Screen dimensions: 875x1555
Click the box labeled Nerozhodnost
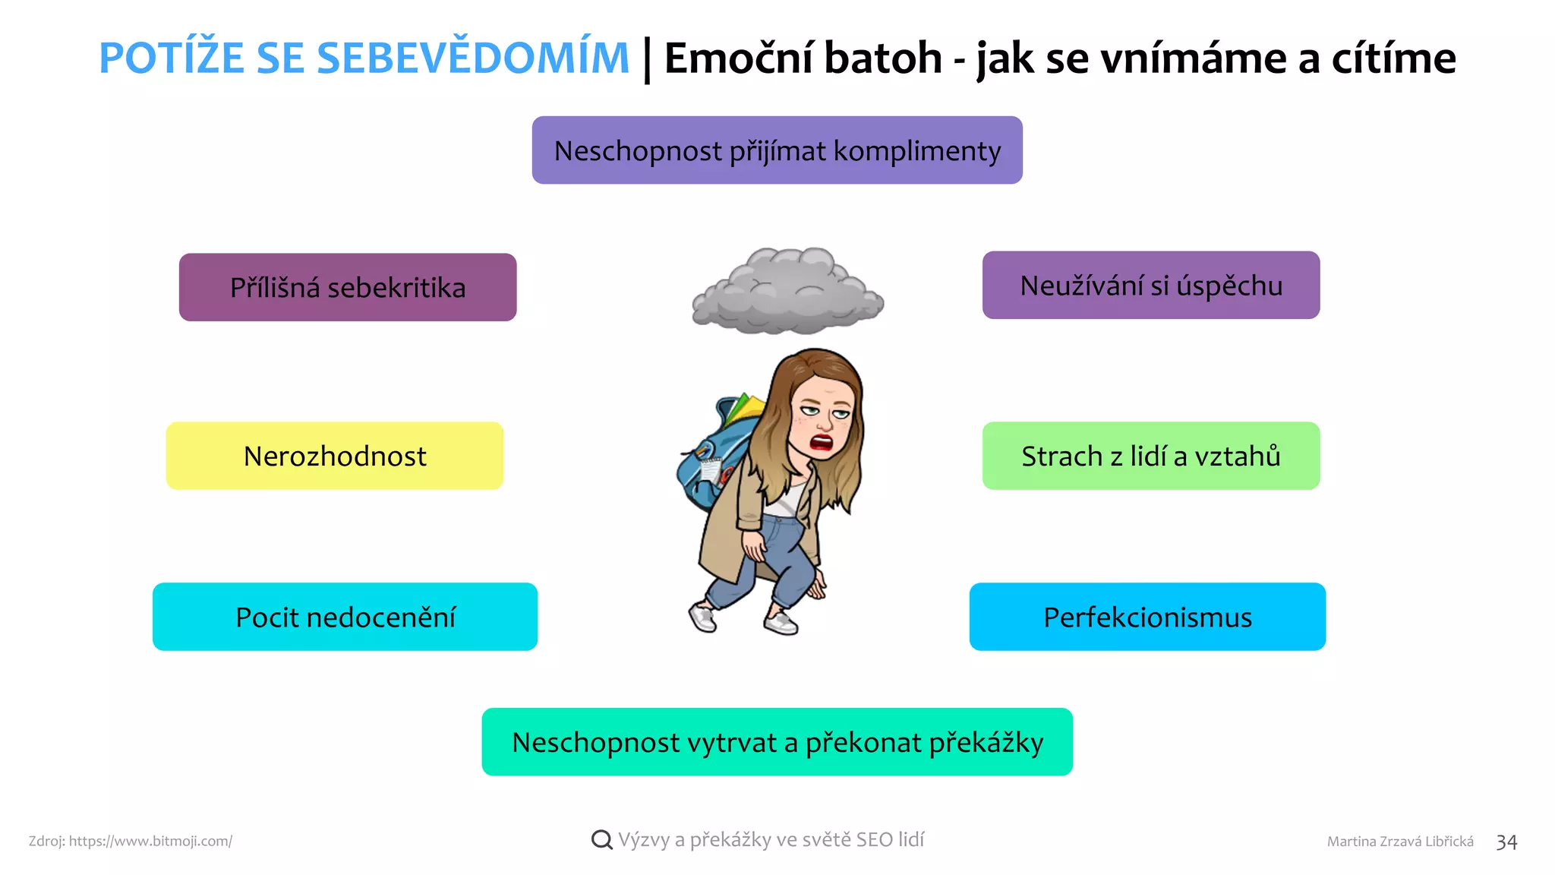point(335,456)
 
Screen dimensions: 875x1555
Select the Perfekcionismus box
point(1147,617)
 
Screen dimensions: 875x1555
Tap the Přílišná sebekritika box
point(348,287)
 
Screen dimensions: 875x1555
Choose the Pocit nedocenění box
point(345,617)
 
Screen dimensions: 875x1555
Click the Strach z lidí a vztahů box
point(1151,456)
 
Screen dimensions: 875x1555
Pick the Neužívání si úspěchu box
point(1151,286)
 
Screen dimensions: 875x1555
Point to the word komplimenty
point(917,151)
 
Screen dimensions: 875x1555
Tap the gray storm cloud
point(788,292)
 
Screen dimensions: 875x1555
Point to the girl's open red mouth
point(822,442)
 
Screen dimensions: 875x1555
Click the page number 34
point(1506,842)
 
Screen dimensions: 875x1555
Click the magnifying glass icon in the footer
point(601,840)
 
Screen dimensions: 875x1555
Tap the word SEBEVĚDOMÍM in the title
point(472,58)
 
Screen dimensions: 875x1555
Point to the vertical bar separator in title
point(647,59)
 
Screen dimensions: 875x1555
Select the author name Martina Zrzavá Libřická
point(1400,842)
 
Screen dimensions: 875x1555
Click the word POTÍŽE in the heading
point(172,58)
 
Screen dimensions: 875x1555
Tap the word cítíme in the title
point(1393,58)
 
